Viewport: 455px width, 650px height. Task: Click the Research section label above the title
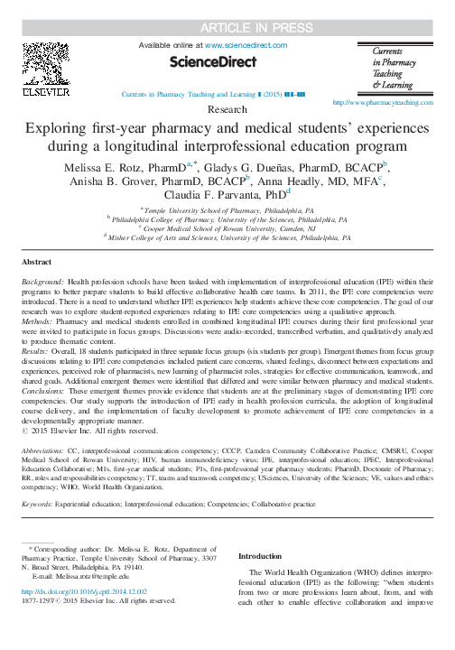[x=227, y=108]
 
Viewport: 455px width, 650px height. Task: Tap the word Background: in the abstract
[x=50, y=282]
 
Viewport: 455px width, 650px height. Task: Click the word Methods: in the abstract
[x=42, y=320]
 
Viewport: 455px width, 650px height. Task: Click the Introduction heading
[x=263, y=556]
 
